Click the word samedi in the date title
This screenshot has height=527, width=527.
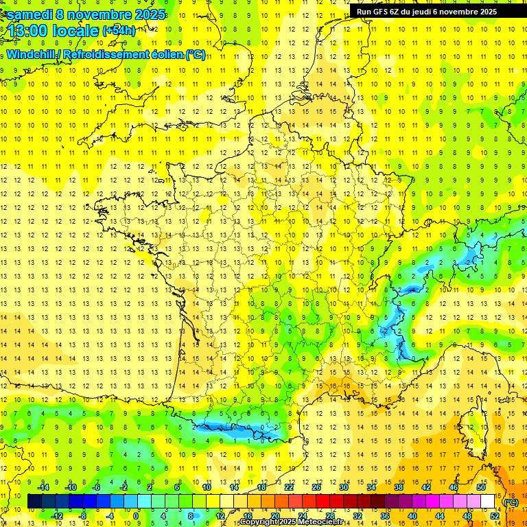click(29, 14)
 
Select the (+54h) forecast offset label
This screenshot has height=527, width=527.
click(119, 31)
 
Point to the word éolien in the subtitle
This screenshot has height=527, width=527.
click(164, 54)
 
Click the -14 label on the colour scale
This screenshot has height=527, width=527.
click(43, 487)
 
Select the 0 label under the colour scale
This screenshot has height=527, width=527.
click(136, 516)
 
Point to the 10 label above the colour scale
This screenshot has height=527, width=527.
click(206, 487)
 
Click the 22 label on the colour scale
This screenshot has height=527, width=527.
click(288, 487)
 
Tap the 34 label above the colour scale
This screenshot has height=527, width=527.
click(371, 487)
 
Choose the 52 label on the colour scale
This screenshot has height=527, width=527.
click(494, 516)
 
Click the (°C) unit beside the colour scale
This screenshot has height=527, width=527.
click(511, 502)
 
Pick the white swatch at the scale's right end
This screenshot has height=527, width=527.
click(488, 502)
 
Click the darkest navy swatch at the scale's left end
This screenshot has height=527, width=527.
click(34, 502)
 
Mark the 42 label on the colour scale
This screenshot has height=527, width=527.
click(425, 487)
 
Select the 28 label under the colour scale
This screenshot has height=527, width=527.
click(329, 516)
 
